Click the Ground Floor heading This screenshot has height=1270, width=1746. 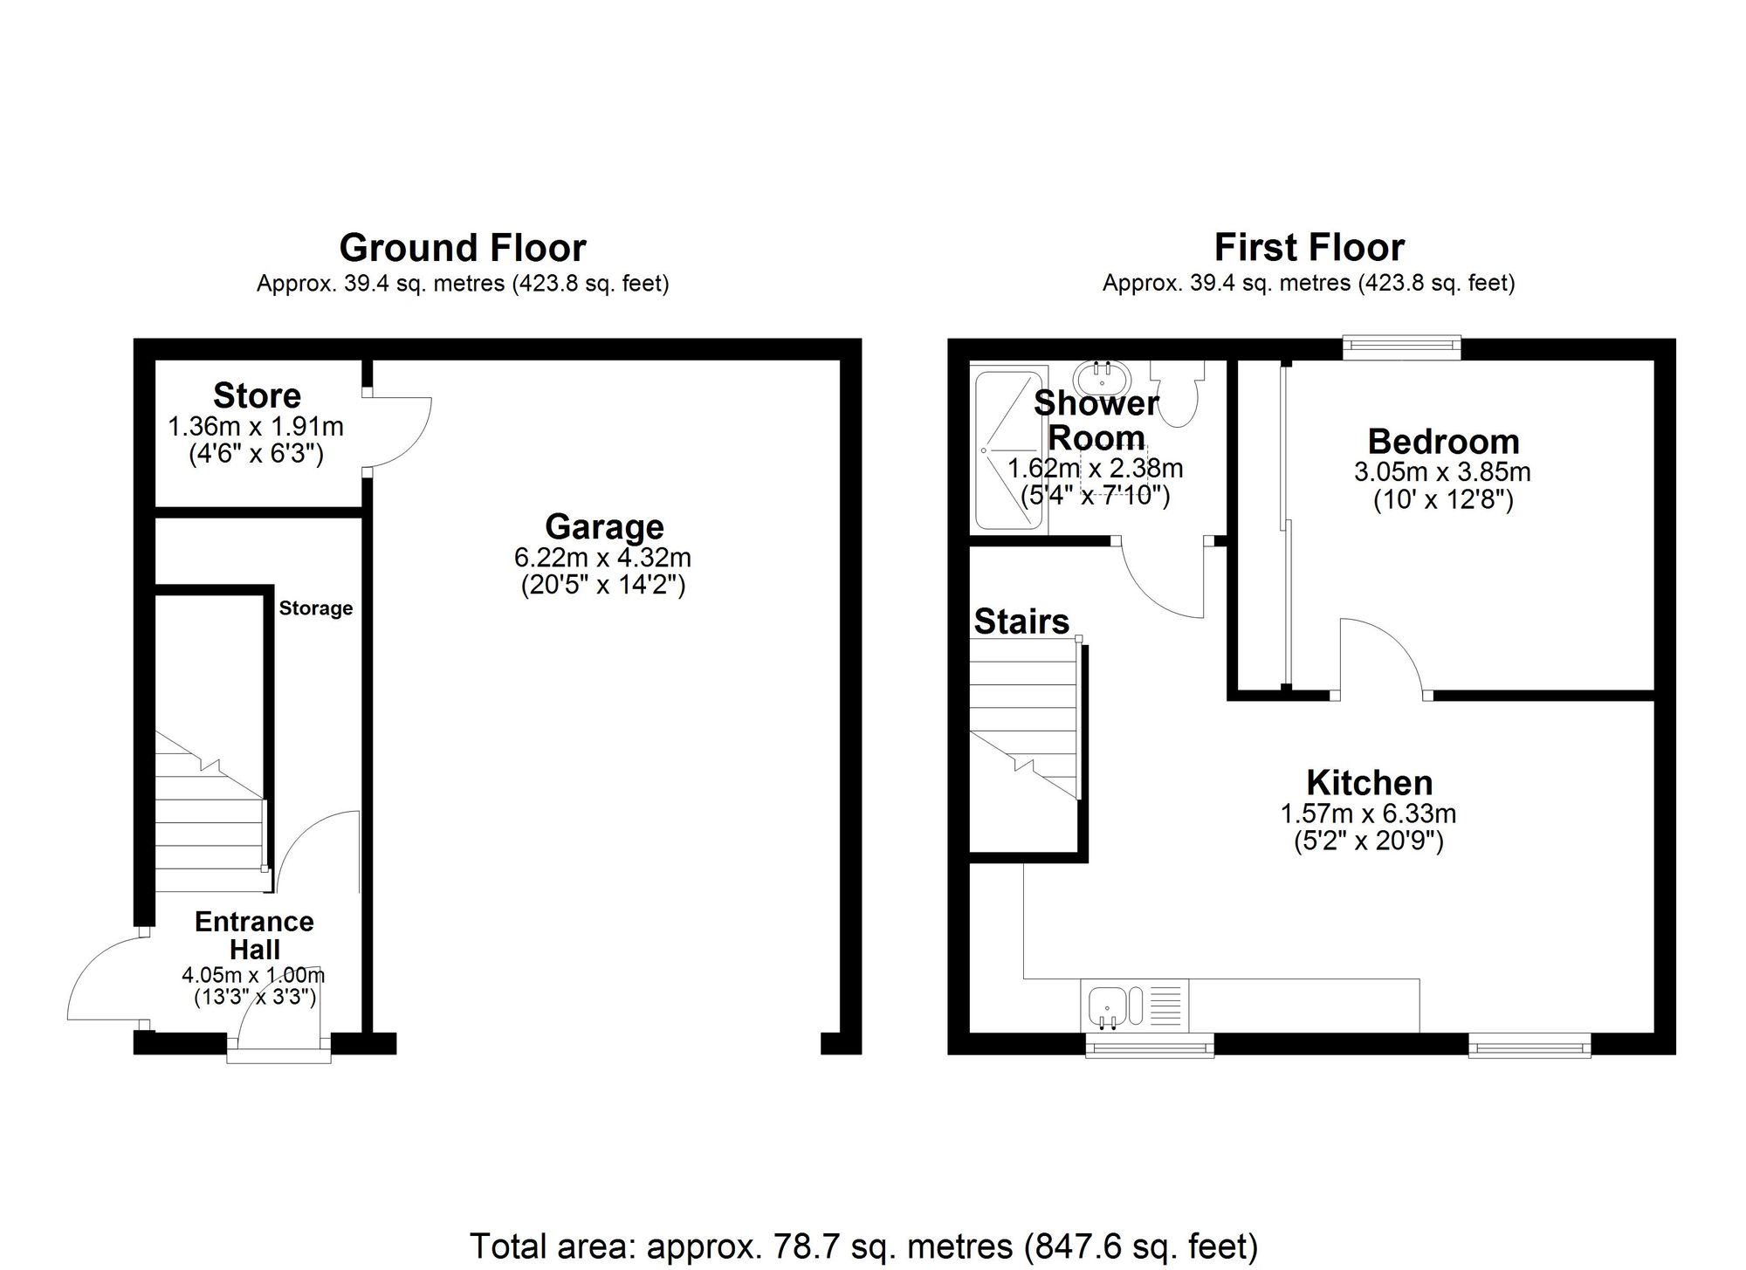pyautogui.click(x=462, y=248)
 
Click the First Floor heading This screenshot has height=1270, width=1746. pyautogui.click(x=1309, y=248)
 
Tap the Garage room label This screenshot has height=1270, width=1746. pyautogui.click(x=604, y=527)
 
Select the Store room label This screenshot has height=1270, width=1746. pyautogui.click(x=257, y=395)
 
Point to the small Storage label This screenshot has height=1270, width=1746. pyautogui.click(x=315, y=608)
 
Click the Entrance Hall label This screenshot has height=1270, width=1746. pyautogui.click(x=254, y=935)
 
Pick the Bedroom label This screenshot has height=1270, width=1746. pyautogui.click(x=1443, y=442)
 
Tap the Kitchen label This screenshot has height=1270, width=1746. pyautogui.click(x=1369, y=782)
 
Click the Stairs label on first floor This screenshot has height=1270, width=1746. pyautogui.click(x=1021, y=621)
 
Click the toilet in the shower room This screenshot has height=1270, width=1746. pyautogui.click(x=1178, y=394)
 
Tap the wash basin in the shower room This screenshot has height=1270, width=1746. pyautogui.click(x=1103, y=378)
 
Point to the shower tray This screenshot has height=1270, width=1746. pyautogui.click(x=1008, y=450)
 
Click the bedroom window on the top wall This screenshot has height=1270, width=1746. pyautogui.click(x=1401, y=348)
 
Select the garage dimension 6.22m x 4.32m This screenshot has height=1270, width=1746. pyautogui.click(x=603, y=558)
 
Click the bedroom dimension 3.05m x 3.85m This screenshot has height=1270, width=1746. pyautogui.click(x=1442, y=473)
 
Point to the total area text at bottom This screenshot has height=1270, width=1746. pyautogui.click(x=863, y=1246)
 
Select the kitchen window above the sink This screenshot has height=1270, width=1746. pyautogui.click(x=1149, y=1045)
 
